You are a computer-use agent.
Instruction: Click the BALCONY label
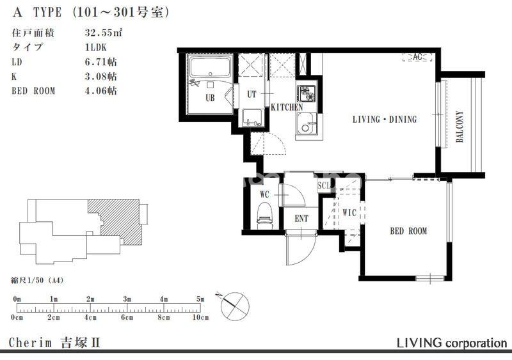coord(460,127)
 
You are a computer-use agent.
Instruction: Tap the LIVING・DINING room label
coord(385,120)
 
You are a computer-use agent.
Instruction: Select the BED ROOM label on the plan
coord(408,231)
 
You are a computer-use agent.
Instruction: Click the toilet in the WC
coord(264,215)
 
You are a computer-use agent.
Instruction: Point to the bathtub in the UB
coord(211,67)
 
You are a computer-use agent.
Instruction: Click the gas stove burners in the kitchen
coord(307,93)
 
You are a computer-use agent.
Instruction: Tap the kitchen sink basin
coord(307,123)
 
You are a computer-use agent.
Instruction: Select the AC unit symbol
coord(417,57)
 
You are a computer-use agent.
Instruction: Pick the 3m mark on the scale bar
coord(127,299)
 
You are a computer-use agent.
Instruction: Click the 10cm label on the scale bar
coord(200,317)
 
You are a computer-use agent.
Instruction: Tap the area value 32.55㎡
coord(104,33)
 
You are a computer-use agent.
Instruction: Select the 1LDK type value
coord(95,47)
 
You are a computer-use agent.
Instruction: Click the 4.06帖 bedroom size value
coord(100,90)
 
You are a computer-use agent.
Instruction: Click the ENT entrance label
coord(301,218)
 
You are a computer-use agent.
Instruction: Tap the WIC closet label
coord(349,213)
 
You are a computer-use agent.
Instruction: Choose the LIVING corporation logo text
coord(452,343)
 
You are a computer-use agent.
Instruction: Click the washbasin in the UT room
coord(252,118)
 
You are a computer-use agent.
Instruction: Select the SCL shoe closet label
coord(324,185)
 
